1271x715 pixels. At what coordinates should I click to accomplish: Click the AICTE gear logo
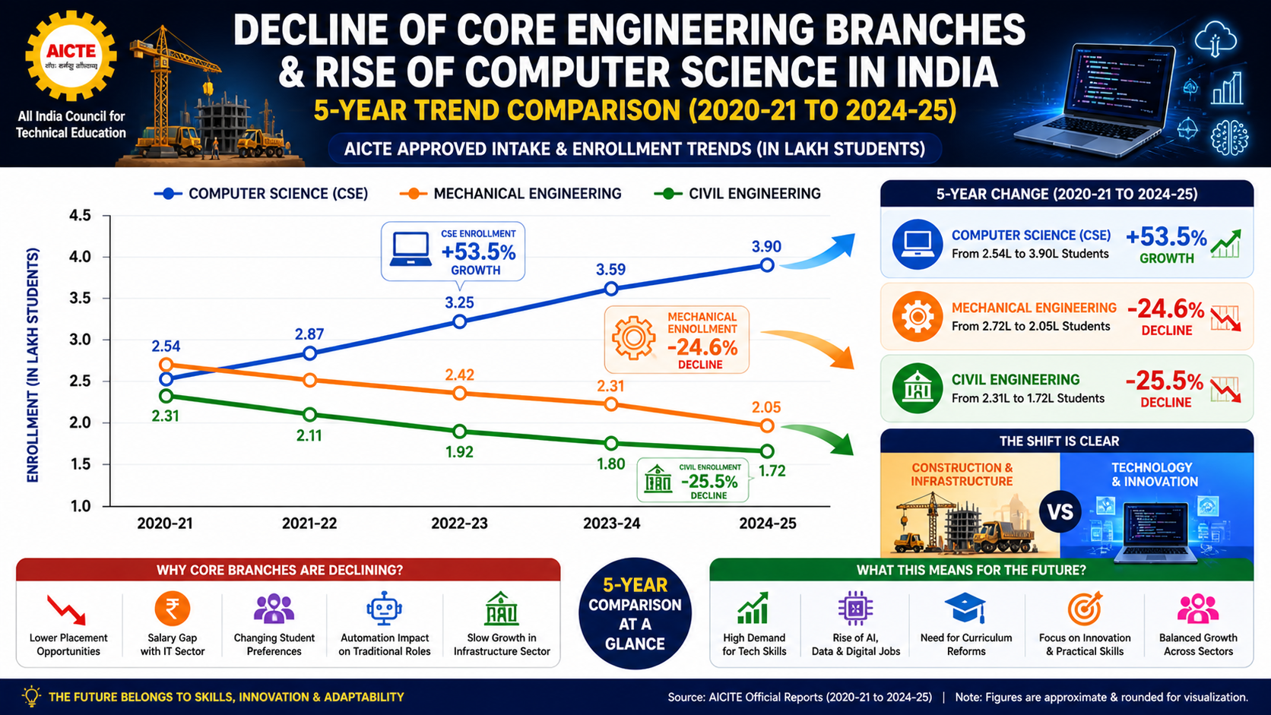71,56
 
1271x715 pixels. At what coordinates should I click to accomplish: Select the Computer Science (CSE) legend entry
261,194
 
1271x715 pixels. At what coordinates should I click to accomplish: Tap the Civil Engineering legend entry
737,194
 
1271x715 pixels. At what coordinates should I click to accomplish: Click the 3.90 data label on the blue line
766,247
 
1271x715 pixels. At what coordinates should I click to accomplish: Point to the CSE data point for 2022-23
460,322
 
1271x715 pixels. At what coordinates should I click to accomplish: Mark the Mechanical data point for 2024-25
767,426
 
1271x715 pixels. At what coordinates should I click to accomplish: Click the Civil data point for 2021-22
310,414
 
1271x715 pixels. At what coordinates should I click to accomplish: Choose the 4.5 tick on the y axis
80,216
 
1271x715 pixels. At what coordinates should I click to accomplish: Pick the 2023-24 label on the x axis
612,524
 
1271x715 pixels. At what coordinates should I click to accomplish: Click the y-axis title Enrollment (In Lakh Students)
33,365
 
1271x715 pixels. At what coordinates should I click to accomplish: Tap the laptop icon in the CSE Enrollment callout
410,249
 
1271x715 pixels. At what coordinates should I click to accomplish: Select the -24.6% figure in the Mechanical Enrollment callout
702,347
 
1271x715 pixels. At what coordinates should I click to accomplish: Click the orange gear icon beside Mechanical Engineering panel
917,316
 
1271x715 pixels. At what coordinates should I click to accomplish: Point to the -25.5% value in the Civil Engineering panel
1165,381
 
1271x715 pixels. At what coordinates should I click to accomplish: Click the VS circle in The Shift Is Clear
1060,512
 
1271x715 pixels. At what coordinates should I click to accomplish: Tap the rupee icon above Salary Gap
173,609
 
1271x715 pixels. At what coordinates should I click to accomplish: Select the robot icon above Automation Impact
384,609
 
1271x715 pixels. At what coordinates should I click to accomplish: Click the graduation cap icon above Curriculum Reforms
965,609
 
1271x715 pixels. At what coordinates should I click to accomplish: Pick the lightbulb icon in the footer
32,696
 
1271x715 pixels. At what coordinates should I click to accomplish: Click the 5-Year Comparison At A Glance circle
635,613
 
